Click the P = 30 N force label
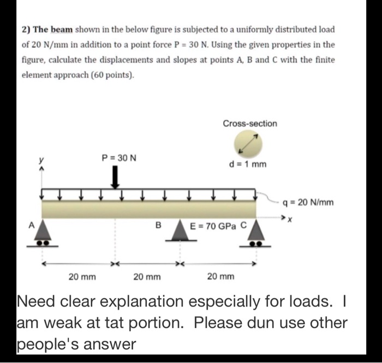pos(120,158)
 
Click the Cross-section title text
pos(249,123)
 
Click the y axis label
pos(39,160)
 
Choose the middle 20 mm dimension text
pos(147,277)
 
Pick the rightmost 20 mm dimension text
pos(221,277)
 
